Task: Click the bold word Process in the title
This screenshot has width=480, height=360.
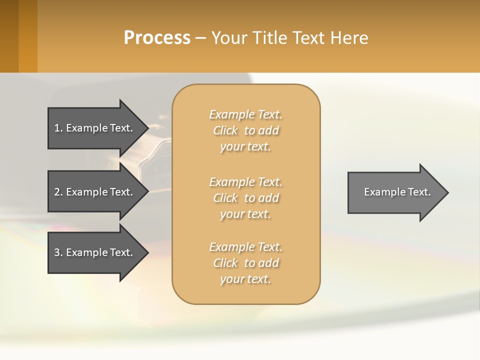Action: tap(157, 38)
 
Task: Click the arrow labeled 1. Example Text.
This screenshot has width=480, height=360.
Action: tap(95, 128)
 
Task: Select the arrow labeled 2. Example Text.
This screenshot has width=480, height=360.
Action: tap(95, 192)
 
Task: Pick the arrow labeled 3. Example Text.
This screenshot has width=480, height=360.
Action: tap(95, 252)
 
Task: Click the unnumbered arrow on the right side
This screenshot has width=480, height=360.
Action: tap(395, 192)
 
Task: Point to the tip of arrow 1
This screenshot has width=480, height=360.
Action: tap(146, 128)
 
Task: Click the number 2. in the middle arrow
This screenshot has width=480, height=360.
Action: tap(58, 192)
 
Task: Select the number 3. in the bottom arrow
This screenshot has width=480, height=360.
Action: tap(58, 252)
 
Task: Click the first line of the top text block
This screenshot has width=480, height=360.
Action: tap(245, 114)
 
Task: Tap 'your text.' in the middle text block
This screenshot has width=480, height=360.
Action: tap(245, 214)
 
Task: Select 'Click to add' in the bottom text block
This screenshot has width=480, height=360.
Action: tap(245, 263)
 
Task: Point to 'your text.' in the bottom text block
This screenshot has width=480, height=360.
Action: tap(245, 279)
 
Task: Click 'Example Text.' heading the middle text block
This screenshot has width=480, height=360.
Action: tap(245, 182)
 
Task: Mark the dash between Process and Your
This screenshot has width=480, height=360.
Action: tap(200, 38)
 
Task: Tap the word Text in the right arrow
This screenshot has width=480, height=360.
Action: tap(419, 192)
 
